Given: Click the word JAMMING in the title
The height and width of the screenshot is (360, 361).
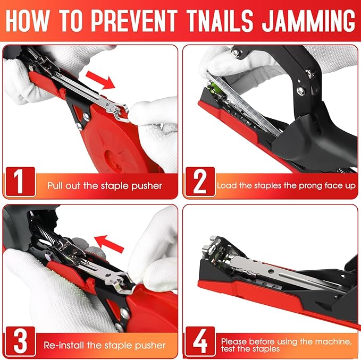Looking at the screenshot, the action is click(309, 21).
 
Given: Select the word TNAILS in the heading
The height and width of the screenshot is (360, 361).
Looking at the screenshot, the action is click(220, 21).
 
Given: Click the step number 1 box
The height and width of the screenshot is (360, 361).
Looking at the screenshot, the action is click(21, 182).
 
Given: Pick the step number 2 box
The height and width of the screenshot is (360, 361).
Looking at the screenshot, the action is click(200, 182).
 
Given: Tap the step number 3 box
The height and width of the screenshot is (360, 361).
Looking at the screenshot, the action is click(21, 341).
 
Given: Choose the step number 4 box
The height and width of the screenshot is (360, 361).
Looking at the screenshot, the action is click(200, 341).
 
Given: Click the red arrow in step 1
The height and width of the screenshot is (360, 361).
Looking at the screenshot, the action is click(100, 80).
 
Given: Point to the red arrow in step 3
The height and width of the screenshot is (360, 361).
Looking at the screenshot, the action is click(110, 244).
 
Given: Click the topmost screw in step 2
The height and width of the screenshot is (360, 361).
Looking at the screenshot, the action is click(236, 53).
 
